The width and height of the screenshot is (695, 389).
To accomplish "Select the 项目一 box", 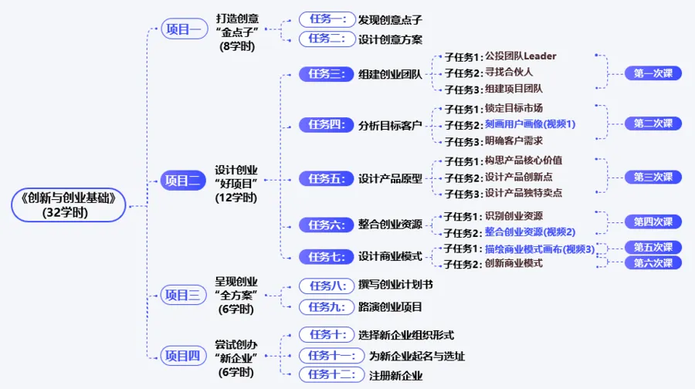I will pyautogui.click(x=184, y=29).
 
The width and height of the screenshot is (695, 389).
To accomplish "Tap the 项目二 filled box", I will pyautogui.click(x=184, y=181).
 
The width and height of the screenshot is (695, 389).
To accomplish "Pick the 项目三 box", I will pyautogui.click(x=184, y=294).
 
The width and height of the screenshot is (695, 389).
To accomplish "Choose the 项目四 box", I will pyautogui.click(x=184, y=356).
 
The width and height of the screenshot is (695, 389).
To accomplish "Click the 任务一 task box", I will pyautogui.click(x=327, y=19).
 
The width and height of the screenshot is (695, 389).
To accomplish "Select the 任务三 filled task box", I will pyautogui.click(x=327, y=74).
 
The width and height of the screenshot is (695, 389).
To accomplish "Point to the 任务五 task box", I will pyautogui.click(x=327, y=178).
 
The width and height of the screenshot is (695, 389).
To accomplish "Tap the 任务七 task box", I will pyautogui.click(x=327, y=256).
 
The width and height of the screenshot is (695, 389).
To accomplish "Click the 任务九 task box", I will pyautogui.click(x=327, y=306).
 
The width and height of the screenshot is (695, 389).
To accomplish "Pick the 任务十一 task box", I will pyautogui.click(x=332, y=356).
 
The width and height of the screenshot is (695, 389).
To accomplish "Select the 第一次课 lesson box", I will pyautogui.click(x=653, y=73).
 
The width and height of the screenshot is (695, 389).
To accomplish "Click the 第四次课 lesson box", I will pyautogui.click(x=653, y=222).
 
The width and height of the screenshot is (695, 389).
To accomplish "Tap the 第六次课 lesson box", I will pyautogui.click(x=653, y=262).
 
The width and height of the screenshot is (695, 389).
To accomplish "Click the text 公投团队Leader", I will pyautogui.click(x=520, y=56).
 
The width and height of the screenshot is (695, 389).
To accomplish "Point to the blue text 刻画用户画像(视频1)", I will pyautogui.click(x=530, y=124).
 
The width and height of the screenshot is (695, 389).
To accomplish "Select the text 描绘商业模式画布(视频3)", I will pyautogui.click(x=540, y=249).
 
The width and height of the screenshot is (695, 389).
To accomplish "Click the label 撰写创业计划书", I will pyautogui.click(x=395, y=285).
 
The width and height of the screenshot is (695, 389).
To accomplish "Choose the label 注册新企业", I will pyautogui.click(x=390, y=376).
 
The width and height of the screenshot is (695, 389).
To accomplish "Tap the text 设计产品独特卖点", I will pyautogui.click(x=523, y=193).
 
